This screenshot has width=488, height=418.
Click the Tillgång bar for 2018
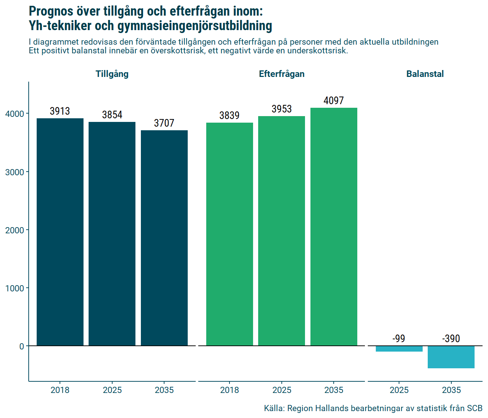(x=60, y=232)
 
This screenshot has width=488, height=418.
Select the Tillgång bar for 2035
(x=164, y=238)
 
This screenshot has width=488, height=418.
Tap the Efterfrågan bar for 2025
(x=281, y=231)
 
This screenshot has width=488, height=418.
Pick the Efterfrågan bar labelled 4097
(x=334, y=227)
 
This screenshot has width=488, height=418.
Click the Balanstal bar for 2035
(x=451, y=357)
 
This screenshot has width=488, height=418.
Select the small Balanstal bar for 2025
(x=399, y=349)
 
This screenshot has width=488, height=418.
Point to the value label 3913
(x=60, y=111)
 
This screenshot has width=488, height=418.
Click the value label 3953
(x=281, y=109)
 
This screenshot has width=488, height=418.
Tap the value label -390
(x=451, y=339)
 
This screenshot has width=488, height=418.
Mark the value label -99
(x=399, y=339)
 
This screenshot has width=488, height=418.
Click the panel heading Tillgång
(x=112, y=74)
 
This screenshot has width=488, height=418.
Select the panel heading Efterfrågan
(x=281, y=74)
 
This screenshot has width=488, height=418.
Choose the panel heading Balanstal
(x=425, y=74)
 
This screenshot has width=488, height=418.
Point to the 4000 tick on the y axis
(x=15, y=114)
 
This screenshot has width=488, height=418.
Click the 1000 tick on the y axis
(x=15, y=288)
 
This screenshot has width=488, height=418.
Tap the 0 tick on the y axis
(x=21, y=347)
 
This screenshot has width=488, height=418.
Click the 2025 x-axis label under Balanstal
(x=399, y=390)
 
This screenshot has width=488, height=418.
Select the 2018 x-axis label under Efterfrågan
(x=229, y=390)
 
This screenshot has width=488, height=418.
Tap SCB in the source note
(x=474, y=408)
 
